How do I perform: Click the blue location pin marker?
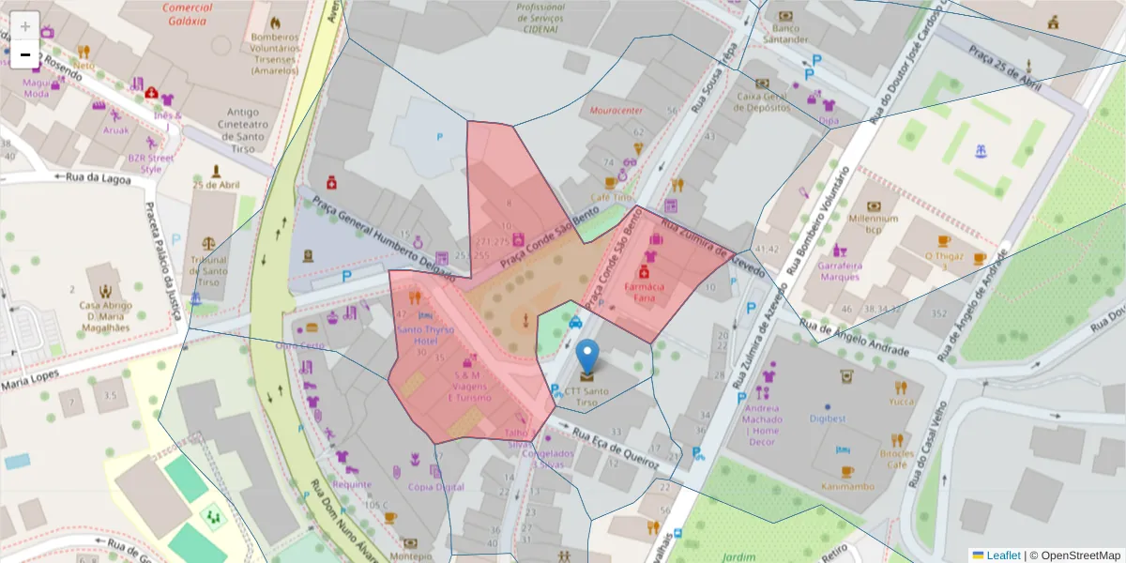(x=587, y=358)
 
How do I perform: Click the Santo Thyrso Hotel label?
(x=424, y=335)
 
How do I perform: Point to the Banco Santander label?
(x=785, y=34)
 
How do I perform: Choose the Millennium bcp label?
(x=874, y=223)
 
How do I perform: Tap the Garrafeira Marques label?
(x=840, y=270)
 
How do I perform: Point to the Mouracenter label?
(x=616, y=111)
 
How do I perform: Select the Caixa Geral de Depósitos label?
(x=762, y=101)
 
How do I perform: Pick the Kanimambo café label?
(x=846, y=486)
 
